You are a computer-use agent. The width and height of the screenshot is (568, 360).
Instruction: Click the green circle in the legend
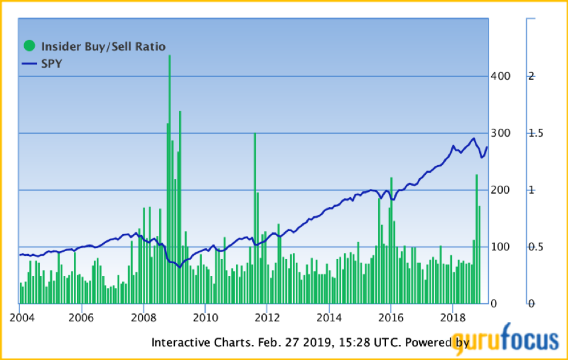(x=28, y=46)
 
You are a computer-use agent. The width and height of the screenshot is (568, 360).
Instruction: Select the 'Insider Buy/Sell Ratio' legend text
(x=103, y=47)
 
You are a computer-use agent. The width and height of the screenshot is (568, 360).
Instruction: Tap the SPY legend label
(x=51, y=64)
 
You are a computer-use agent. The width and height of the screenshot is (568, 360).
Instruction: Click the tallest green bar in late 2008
(x=169, y=182)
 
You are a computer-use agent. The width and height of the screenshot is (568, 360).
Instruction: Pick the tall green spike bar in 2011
(x=255, y=218)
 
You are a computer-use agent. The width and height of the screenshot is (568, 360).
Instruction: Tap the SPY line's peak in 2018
(x=473, y=139)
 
